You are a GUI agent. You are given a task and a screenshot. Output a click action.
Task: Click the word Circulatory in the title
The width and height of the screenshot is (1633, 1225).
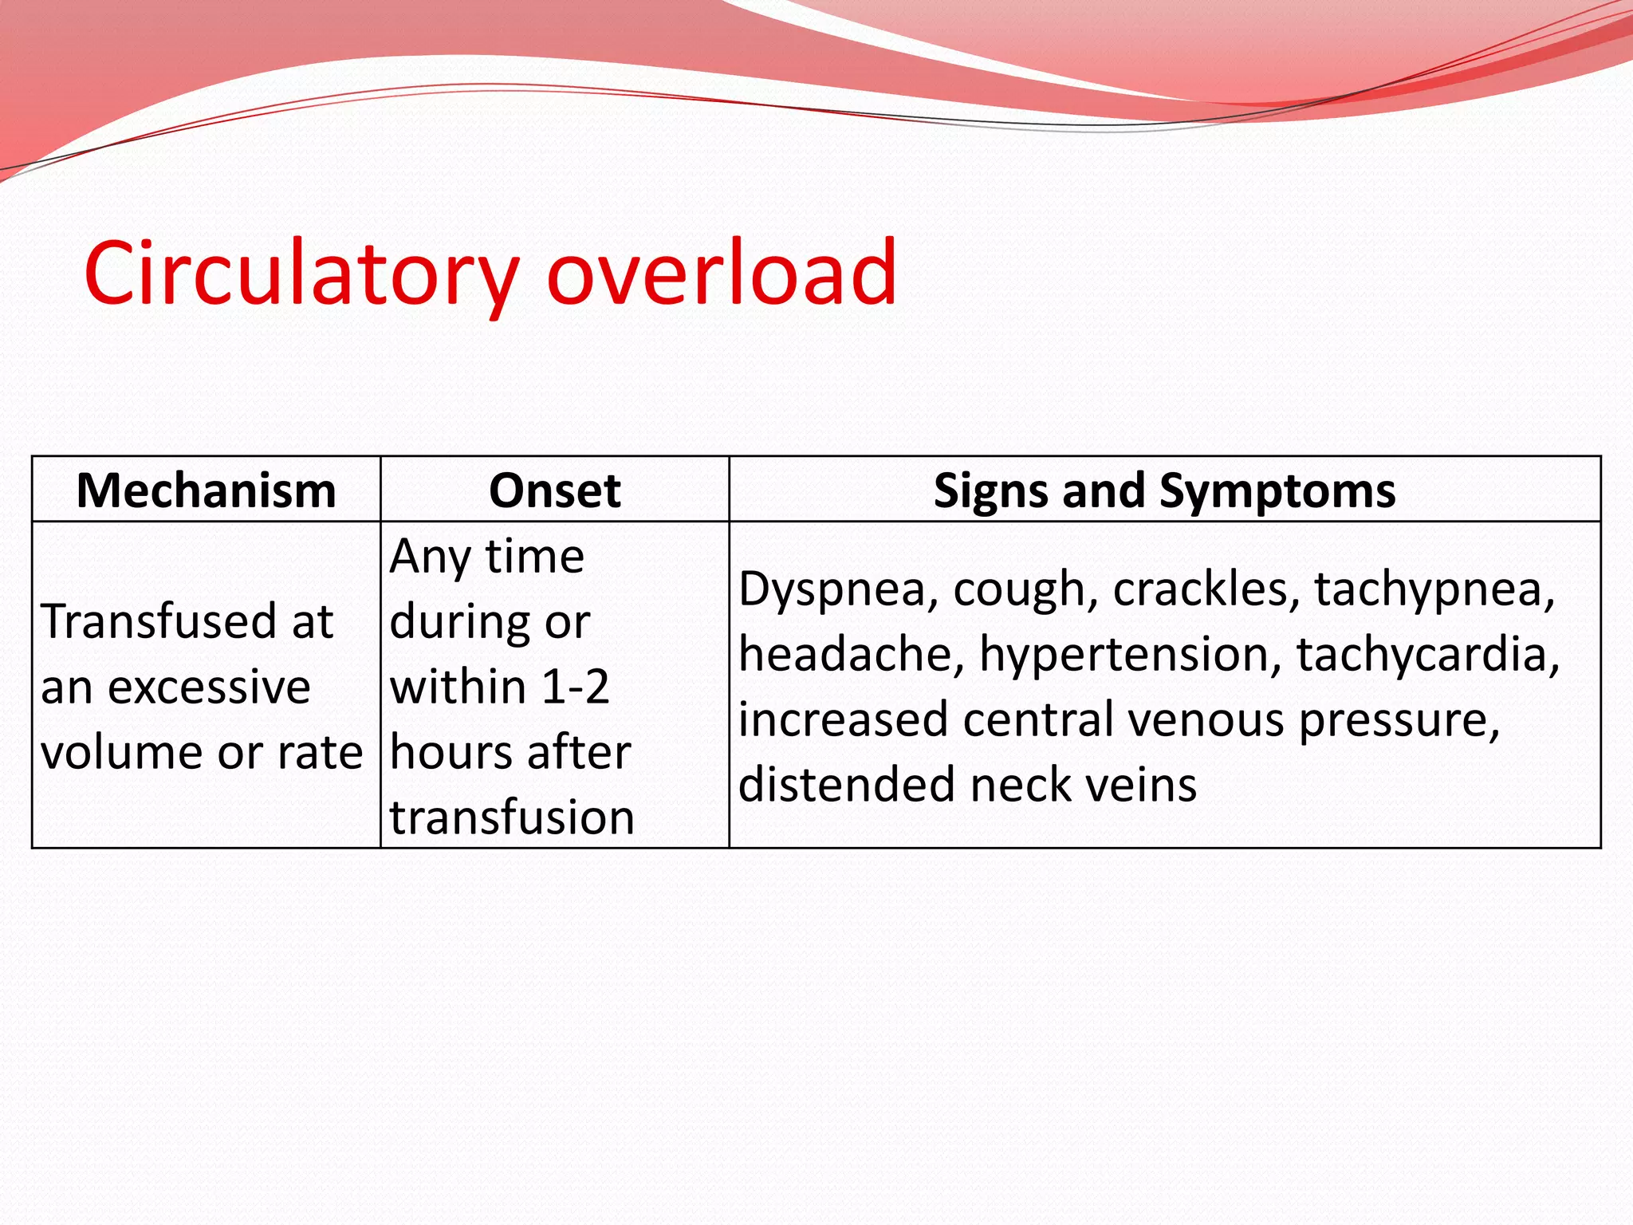301,273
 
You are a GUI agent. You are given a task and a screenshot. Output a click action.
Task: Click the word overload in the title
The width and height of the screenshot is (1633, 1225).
722,273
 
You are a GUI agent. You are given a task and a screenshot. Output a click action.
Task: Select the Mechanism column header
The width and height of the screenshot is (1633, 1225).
206,490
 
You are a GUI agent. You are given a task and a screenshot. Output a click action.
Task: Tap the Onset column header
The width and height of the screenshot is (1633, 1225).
554,490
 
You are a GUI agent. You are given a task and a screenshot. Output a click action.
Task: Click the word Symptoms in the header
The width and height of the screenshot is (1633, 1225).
1277,490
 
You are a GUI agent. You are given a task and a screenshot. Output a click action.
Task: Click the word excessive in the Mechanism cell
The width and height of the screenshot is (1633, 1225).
209,687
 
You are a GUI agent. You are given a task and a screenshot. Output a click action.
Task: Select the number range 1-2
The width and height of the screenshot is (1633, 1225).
574,687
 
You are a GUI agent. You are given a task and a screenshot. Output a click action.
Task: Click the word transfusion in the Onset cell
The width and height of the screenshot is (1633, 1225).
512,817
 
